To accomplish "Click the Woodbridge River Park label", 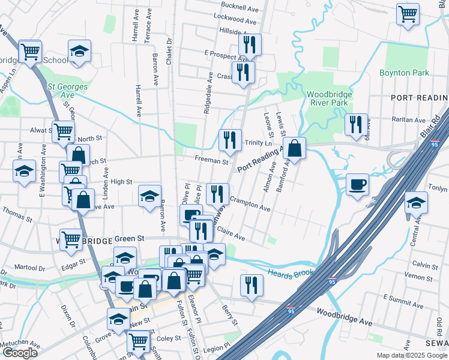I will click(x=327, y=98).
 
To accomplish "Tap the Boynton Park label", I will click(x=404, y=73).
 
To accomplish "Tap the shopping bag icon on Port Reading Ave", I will click(x=295, y=147).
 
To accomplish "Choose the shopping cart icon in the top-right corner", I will click(x=408, y=13).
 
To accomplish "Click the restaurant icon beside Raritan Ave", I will click(x=357, y=124).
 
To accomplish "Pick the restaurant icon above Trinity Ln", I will click(x=230, y=140).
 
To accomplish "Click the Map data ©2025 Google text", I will click(x=411, y=355).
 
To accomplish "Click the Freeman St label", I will click(x=212, y=161).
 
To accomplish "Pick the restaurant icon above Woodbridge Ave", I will click(x=251, y=285).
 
